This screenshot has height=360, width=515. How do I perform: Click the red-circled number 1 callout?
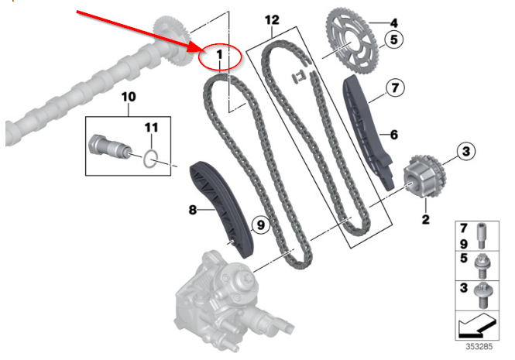220,55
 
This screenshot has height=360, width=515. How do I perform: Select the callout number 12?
270,18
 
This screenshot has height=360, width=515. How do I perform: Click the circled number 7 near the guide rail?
394,89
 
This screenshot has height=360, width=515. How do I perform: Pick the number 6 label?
393,135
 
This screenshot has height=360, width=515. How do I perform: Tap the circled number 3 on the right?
465,152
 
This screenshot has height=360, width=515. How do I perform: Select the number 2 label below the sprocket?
424,220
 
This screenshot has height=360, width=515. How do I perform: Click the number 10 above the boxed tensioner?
128,97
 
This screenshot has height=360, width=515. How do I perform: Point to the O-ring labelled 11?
152,160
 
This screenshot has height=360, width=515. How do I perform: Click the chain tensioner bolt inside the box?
108,147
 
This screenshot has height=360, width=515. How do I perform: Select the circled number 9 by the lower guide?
259,225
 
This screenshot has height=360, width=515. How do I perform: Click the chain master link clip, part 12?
301,76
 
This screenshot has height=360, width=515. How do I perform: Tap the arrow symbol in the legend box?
479,324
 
